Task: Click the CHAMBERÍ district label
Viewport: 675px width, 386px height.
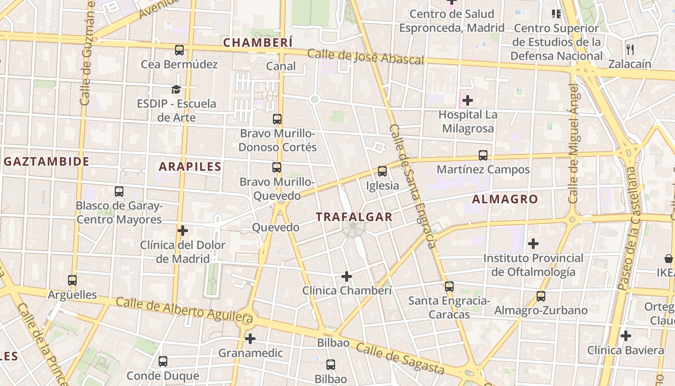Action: click(x=258, y=42)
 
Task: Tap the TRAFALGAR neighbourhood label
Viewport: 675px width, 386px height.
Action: click(x=354, y=217)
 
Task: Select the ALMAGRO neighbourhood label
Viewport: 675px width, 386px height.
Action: click(x=505, y=199)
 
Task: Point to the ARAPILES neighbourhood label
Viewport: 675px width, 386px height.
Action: click(x=190, y=167)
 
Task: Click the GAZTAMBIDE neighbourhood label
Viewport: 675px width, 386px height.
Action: click(x=46, y=161)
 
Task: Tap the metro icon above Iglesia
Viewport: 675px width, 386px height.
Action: click(x=382, y=171)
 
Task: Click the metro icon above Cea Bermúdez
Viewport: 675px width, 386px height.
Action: click(x=179, y=50)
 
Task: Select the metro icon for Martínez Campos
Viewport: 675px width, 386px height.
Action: click(x=483, y=155)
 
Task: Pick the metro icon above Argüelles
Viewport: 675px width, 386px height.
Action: click(x=72, y=280)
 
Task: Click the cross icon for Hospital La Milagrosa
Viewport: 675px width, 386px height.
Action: click(x=467, y=100)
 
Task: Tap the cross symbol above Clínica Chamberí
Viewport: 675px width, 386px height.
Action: click(x=347, y=276)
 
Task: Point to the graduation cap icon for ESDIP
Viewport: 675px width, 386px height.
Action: click(x=176, y=89)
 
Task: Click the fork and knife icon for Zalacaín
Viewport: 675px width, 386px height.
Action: click(x=630, y=49)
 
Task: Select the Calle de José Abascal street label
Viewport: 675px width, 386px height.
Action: click(x=365, y=57)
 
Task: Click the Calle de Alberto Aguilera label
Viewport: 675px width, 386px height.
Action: click(x=184, y=310)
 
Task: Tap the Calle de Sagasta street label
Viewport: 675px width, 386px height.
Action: click(x=400, y=359)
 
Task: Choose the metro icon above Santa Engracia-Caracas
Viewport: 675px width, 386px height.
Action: click(x=449, y=286)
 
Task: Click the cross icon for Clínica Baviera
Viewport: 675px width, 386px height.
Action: click(x=626, y=336)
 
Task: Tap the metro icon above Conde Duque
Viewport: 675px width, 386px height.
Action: click(x=163, y=361)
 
